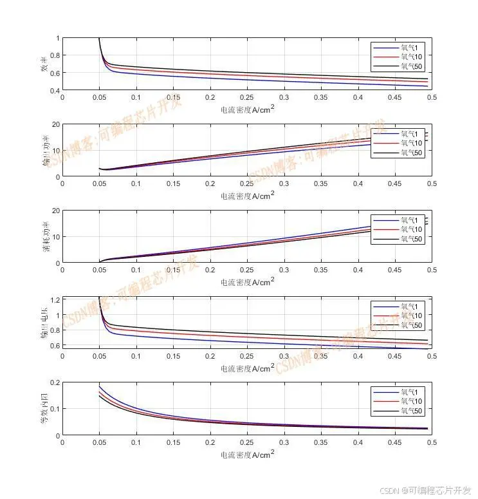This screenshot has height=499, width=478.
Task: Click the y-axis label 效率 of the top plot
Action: (x=44, y=64)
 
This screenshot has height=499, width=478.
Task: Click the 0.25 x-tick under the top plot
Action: (x=247, y=97)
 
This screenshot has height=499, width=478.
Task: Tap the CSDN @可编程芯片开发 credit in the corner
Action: (x=425, y=490)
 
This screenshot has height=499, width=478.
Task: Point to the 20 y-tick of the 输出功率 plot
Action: (x=55, y=124)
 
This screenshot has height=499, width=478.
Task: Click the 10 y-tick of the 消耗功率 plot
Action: (x=55, y=237)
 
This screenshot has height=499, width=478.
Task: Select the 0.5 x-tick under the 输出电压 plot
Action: (x=432, y=356)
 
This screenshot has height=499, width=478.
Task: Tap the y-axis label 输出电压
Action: (x=44, y=322)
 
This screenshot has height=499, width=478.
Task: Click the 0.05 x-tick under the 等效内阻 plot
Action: (x=99, y=442)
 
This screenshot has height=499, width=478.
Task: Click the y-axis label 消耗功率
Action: (x=44, y=236)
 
